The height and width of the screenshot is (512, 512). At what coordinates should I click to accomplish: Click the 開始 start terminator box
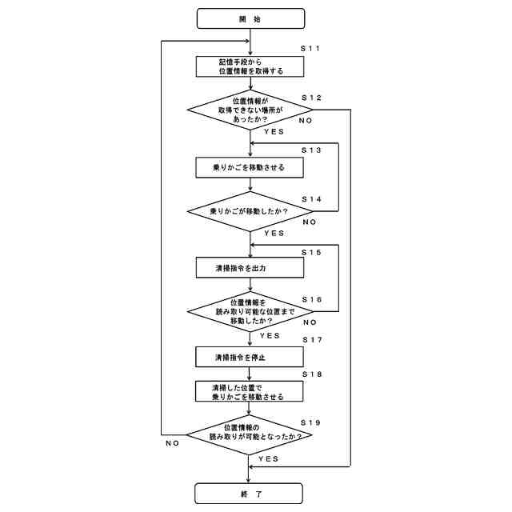coord(250,18)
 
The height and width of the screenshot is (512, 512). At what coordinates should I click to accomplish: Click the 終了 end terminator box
coord(250,494)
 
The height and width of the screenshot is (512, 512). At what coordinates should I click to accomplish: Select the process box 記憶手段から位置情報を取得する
coord(250,66)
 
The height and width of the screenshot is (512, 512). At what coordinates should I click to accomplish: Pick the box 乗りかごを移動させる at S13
coord(250,167)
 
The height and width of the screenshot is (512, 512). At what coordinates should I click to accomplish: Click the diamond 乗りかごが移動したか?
coord(250,211)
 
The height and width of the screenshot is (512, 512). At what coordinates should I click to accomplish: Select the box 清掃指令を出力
coord(250,268)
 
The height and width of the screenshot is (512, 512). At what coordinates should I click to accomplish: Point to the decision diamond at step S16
coord(250,311)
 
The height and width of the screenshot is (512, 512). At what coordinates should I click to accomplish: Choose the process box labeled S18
coord(250,391)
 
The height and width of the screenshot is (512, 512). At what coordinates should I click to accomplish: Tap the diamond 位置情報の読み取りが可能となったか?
coord(250,436)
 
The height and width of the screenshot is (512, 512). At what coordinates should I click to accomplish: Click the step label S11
coord(311,50)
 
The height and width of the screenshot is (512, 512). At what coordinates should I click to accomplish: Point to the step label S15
coord(311,252)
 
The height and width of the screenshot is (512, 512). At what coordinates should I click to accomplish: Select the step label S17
coord(311,340)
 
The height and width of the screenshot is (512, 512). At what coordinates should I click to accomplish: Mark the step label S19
coord(310,421)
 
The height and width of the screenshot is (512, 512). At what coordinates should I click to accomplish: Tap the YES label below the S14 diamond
coord(274,233)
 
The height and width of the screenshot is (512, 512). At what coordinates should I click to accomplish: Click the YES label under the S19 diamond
coord(268,459)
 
